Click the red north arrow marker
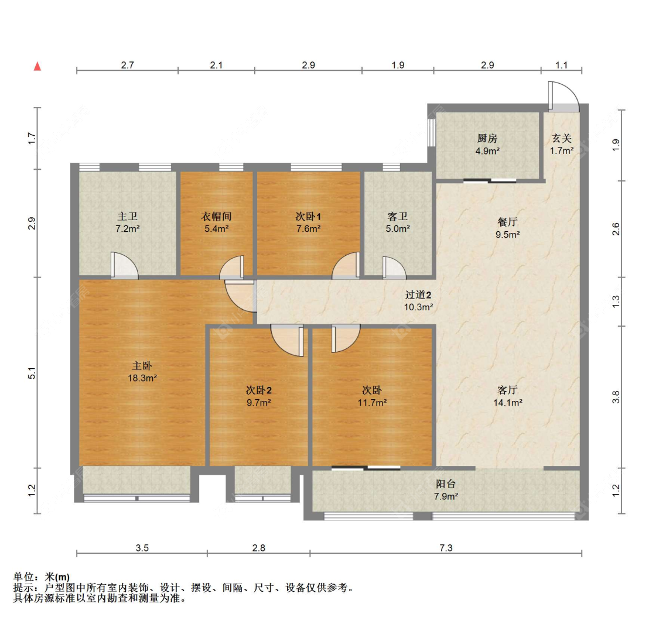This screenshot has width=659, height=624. [x=37, y=66]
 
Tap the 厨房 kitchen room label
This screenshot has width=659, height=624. [x=487, y=138]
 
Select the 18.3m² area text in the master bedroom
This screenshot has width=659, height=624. [x=142, y=378]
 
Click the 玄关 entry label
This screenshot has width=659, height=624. [x=562, y=138]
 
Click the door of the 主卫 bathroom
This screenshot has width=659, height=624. [x=124, y=265]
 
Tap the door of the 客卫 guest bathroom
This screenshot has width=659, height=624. [x=394, y=268]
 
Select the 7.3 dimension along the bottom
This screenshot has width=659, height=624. [x=446, y=547]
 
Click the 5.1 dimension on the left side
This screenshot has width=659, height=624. [x=32, y=373]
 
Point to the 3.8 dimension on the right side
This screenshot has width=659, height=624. [x=616, y=397]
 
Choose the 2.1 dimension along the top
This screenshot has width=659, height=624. [x=216, y=65]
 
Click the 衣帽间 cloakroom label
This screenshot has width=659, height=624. [x=216, y=216]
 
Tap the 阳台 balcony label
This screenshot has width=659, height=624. [x=446, y=484]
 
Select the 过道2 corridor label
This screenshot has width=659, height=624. [x=418, y=295]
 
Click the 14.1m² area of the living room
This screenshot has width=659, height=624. [x=508, y=403]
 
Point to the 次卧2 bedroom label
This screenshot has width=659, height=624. [x=258, y=390]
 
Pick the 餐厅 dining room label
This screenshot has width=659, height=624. [x=507, y=222]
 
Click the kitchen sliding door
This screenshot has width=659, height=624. [x=490, y=181]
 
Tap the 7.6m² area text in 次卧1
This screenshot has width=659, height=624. [x=309, y=229]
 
